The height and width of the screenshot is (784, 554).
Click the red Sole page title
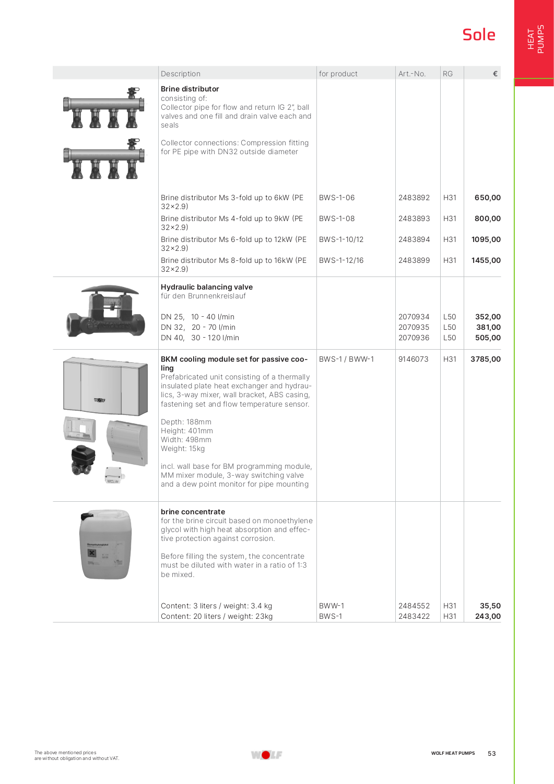pos(478,35)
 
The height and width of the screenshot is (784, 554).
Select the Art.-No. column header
pos(411,74)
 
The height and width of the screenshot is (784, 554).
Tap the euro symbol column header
pos(495,74)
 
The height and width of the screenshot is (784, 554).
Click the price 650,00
pos(487,198)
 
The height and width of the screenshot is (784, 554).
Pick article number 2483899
pos(414,260)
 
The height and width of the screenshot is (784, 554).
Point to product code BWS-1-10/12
pos(341,239)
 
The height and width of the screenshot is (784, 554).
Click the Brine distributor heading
pos(190,89)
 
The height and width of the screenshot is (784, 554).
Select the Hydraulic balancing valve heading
pos(206,287)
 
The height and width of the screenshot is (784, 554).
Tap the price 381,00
pos(488,327)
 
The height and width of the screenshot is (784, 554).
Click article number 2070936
pos(414,338)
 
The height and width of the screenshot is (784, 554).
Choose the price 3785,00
pos(485,359)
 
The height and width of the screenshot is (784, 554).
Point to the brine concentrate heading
pos(193,512)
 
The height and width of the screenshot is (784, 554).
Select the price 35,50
pos(490,606)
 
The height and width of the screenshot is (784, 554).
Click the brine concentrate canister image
pos(105,544)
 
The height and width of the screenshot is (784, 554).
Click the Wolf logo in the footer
pos(266,755)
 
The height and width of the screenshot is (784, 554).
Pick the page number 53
pos(491,754)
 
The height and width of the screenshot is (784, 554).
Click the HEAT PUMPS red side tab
pos(535,40)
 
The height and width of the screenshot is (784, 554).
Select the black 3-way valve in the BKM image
pos(83,459)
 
